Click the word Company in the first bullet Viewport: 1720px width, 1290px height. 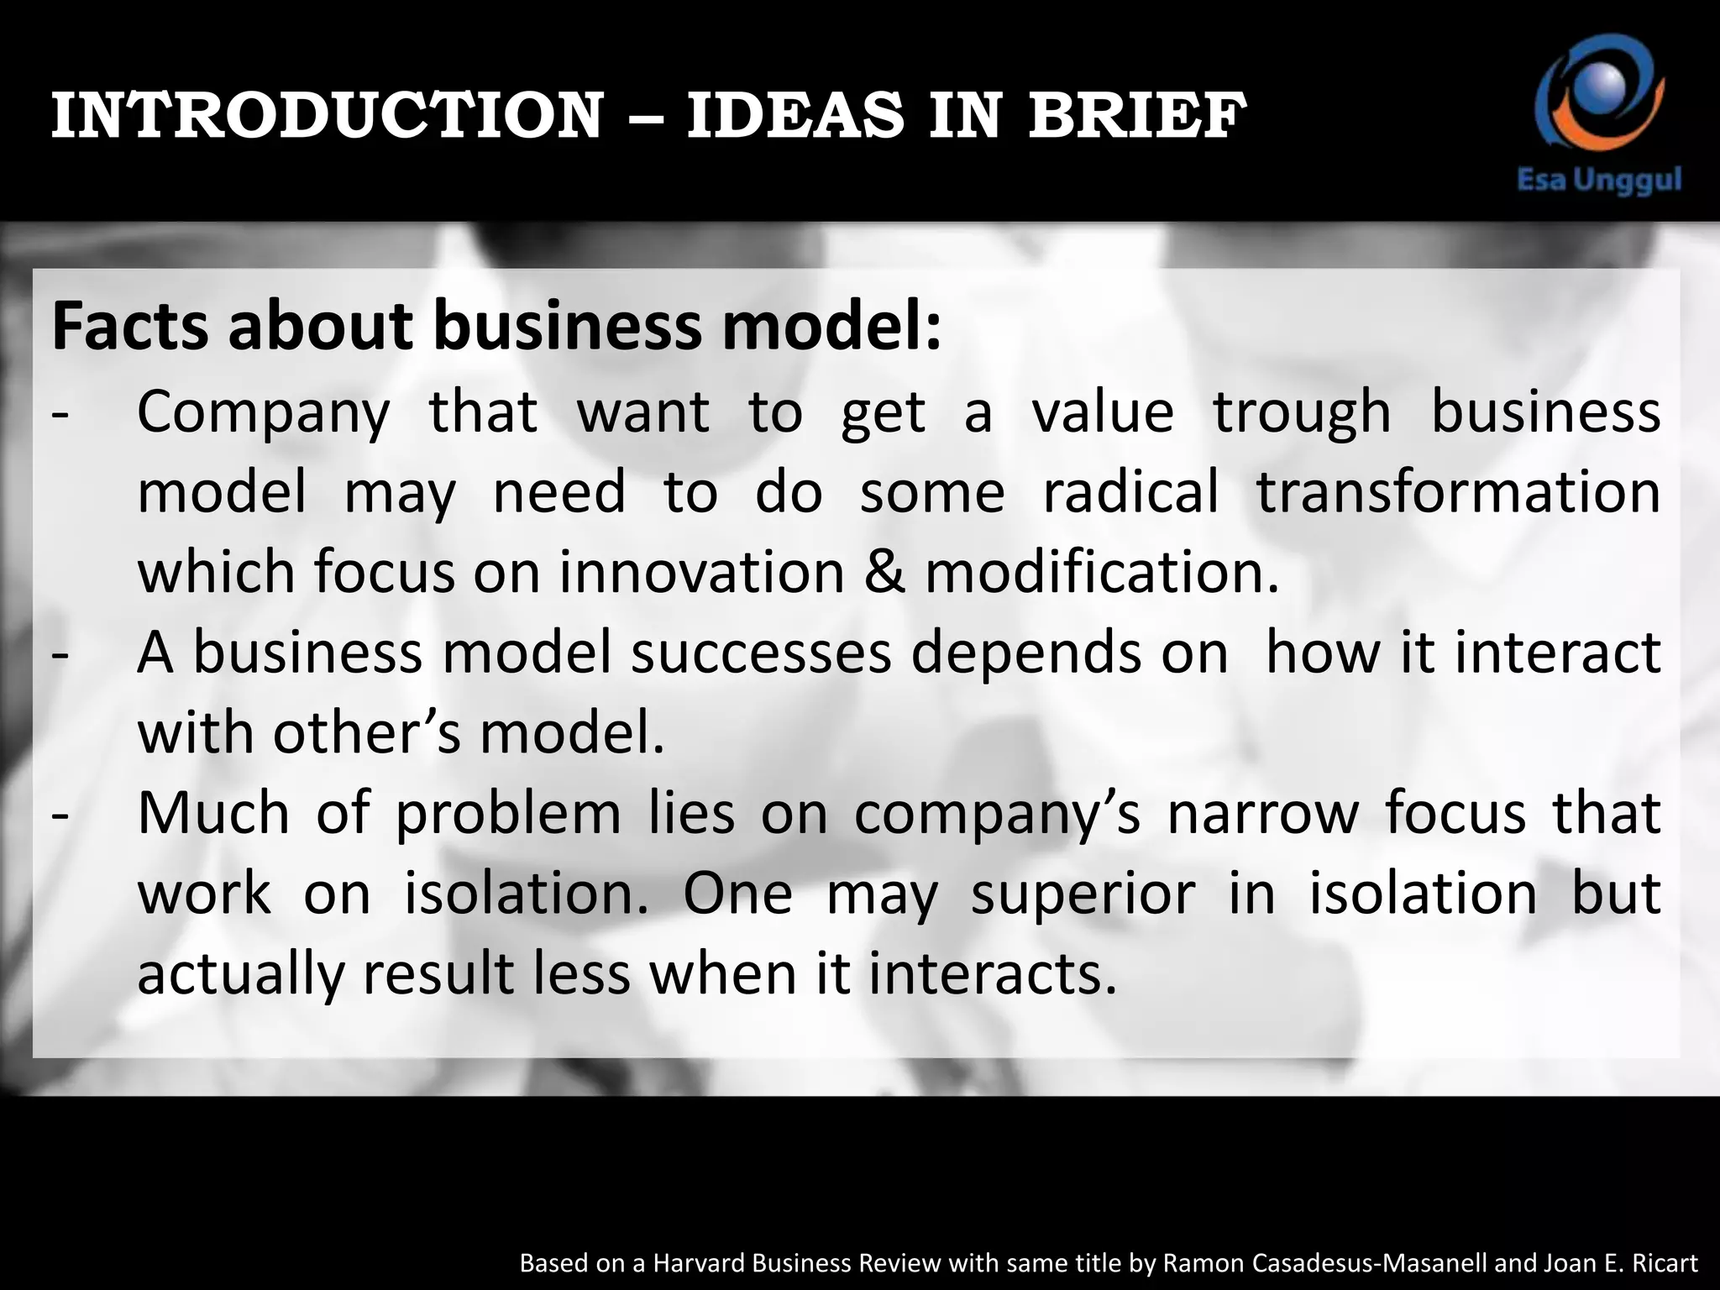point(264,413)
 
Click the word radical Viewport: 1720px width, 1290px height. point(1130,492)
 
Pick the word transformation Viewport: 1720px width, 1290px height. point(1458,492)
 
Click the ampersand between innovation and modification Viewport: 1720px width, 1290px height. point(884,573)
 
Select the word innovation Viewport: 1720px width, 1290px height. point(702,573)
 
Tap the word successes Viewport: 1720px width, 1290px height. point(761,653)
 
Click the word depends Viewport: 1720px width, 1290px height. point(1026,653)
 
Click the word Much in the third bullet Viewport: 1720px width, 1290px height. point(213,813)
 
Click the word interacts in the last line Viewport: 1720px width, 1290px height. point(993,974)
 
